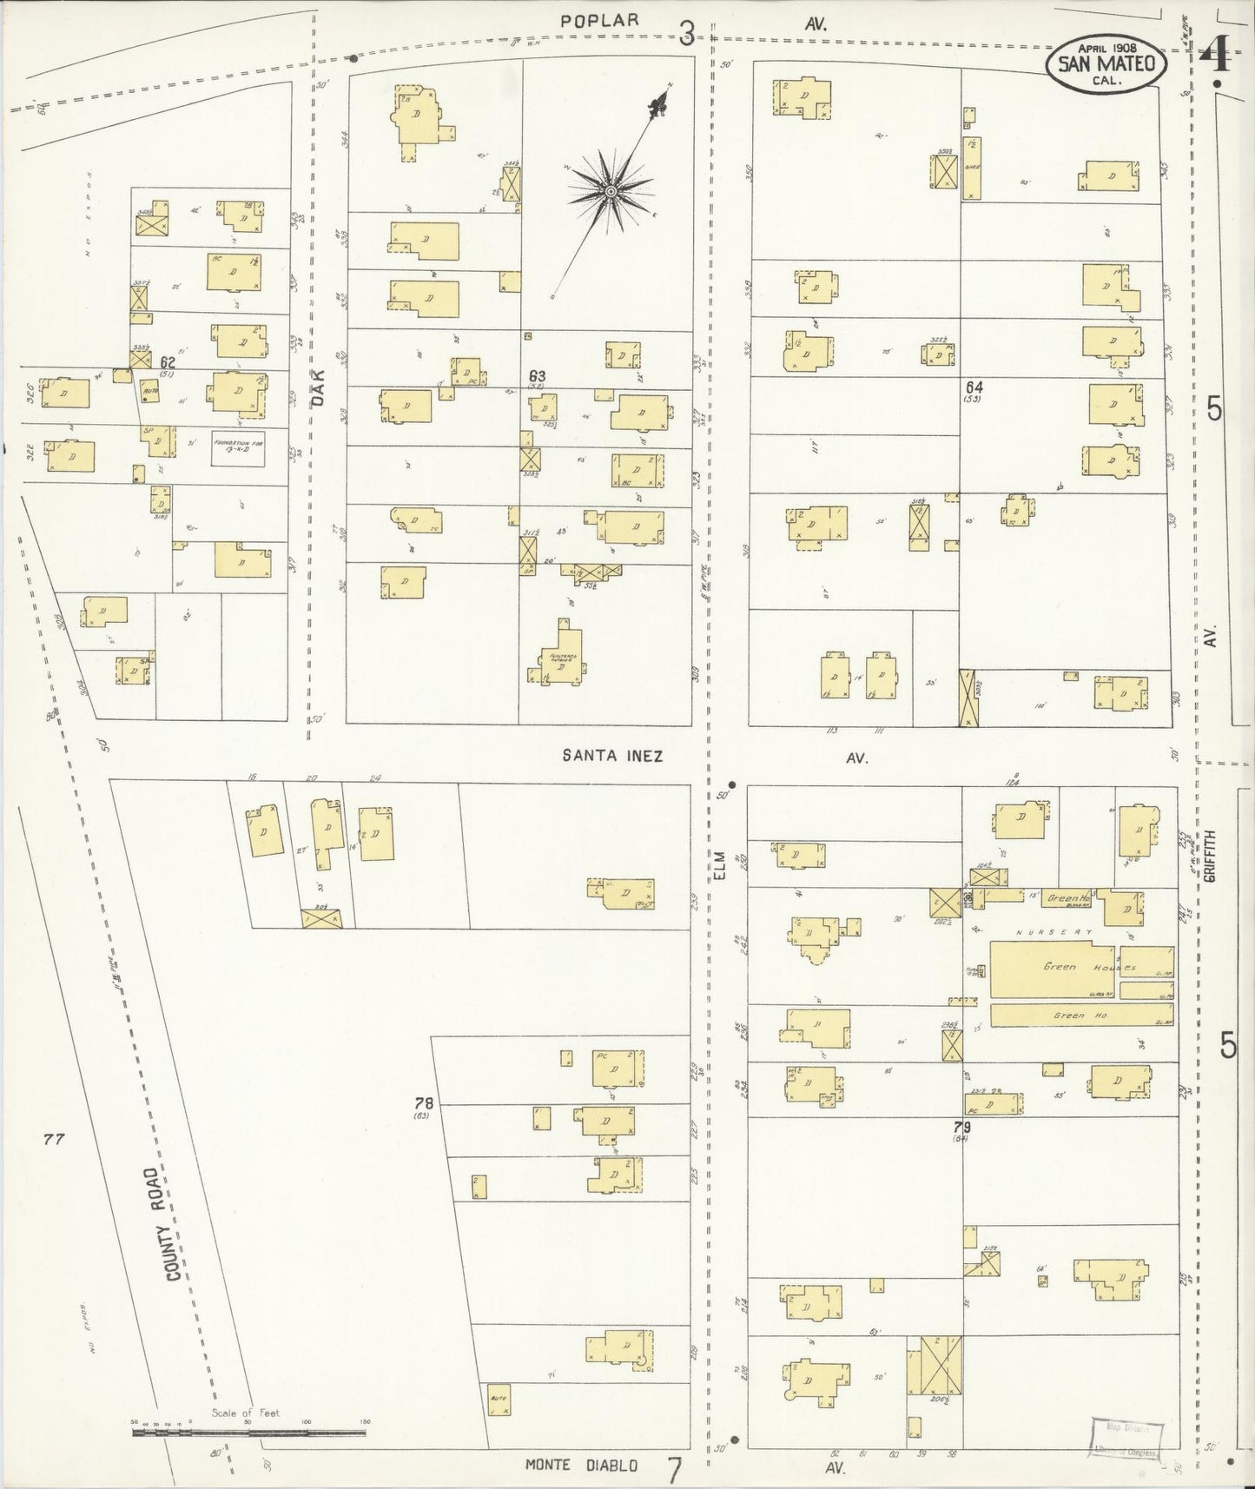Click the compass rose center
point(611,190)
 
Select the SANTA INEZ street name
point(612,756)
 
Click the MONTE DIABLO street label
point(581,1466)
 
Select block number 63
point(537,376)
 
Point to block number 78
point(424,1103)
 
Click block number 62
point(168,362)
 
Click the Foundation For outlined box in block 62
point(238,449)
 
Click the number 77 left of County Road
point(54,1140)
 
